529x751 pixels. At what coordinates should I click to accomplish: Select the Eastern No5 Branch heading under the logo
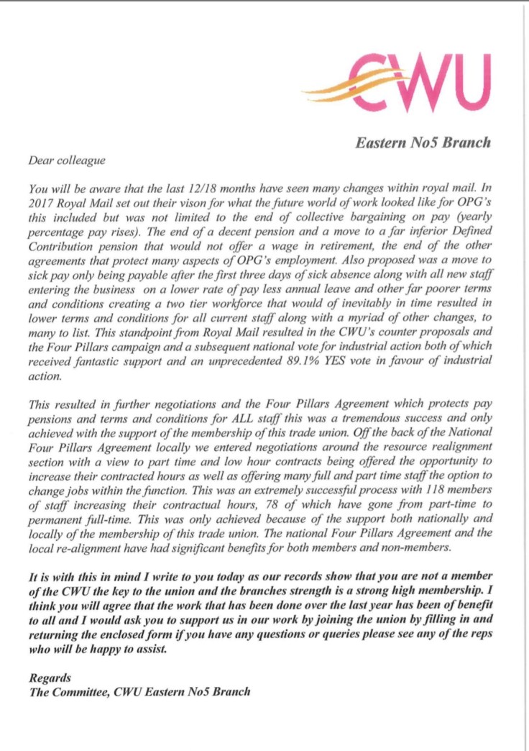pyautogui.click(x=423, y=142)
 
